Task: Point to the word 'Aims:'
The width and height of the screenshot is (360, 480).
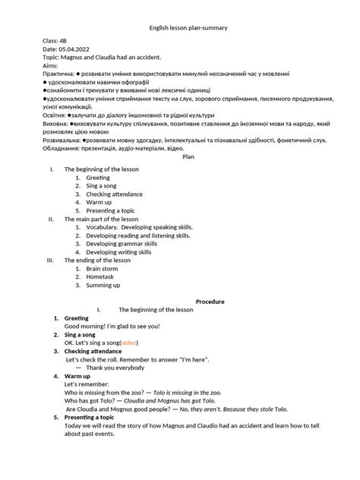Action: pos(52,67)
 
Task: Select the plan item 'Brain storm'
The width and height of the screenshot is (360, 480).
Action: pos(102,268)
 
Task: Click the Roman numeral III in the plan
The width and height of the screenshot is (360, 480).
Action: pos(50,260)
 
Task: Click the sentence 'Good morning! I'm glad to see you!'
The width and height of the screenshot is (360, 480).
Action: pos(112,326)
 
